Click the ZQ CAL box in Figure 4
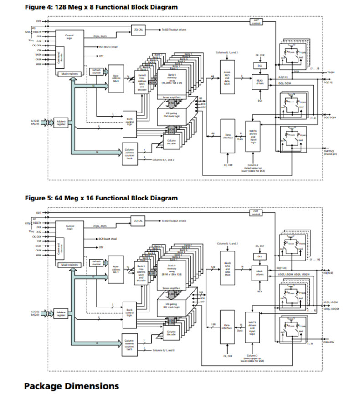(139, 29)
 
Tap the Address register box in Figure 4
(61, 122)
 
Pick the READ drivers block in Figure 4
(260, 81)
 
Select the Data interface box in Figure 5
(227, 327)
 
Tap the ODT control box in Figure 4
(256, 21)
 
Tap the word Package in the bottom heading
(43, 386)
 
